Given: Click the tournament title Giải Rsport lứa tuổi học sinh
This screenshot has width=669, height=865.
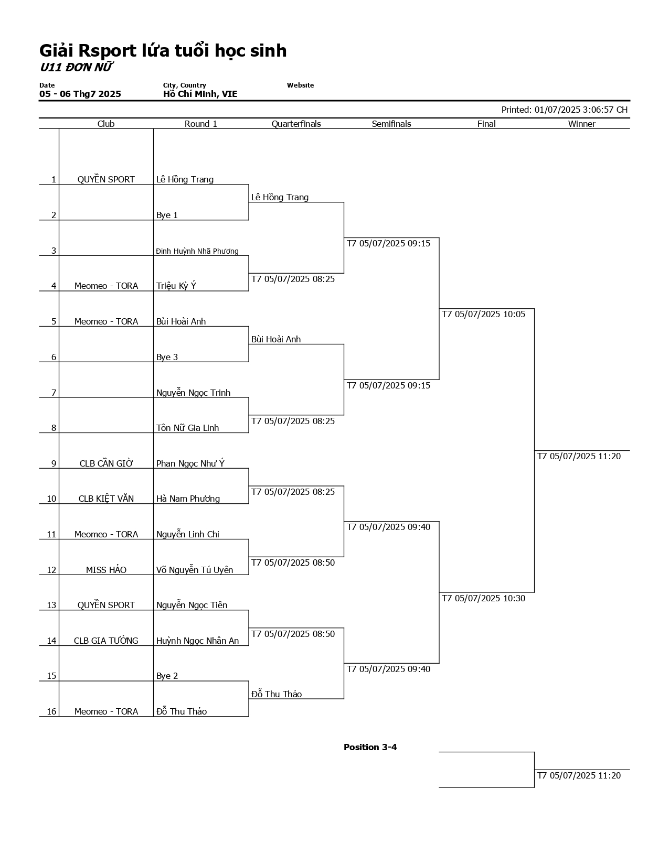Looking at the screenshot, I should [x=163, y=51].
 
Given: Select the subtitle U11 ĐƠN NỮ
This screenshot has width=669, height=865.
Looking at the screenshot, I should [x=77, y=68].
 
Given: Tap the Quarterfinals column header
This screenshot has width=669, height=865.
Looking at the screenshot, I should [x=296, y=124].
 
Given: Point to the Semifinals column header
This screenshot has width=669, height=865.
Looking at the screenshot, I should [x=391, y=124].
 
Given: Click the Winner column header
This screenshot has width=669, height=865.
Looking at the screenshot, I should [x=581, y=124].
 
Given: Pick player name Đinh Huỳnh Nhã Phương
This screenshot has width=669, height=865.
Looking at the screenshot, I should [x=197, y=251].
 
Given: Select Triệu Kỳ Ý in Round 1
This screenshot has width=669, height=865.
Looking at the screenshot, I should [x=176, y=286].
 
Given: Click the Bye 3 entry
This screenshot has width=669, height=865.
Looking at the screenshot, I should [x=167, y=357].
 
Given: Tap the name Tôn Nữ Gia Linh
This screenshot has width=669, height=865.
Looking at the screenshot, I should [x=187, y=428].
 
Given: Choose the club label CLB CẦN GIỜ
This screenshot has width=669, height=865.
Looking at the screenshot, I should [x=106, y=463].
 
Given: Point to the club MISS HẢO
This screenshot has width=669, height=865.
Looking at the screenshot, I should [x=106, y=570].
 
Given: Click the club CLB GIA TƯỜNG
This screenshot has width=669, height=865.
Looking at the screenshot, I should [x=106, y=641].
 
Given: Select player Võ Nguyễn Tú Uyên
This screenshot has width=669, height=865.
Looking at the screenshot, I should [x=195, y=570].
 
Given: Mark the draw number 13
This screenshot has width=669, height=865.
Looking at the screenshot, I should [x=51, y=605].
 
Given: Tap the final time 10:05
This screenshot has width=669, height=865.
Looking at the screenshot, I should [x=483, y=315].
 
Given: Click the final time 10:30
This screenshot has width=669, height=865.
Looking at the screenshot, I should [x=483, y=598].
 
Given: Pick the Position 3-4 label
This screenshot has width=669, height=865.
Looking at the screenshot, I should [x=370, y=747].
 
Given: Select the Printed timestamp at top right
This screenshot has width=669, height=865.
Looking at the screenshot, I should [x=564, y=110].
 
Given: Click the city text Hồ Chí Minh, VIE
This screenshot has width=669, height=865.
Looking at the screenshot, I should [x=200, y=94].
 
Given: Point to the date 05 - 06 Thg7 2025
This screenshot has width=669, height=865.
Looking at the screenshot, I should [x=80, y=94].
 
